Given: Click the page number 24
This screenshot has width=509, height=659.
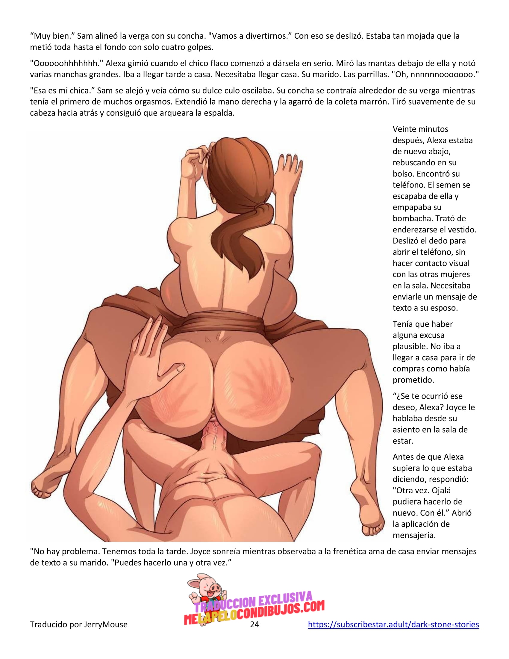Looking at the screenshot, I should coord(255,624).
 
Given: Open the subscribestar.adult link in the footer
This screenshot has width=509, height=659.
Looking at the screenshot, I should coord(393,624).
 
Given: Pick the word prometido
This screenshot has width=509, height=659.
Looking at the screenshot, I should coord(413,380).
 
